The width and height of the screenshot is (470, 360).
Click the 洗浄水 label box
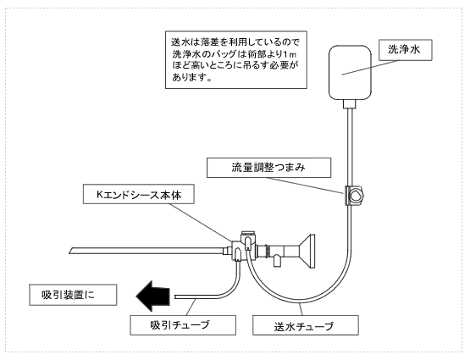(406, 50)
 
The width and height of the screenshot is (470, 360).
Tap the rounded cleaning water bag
(350, 72)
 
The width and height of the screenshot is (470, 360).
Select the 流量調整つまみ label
(268, 168)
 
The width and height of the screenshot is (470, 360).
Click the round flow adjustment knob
(357, 196)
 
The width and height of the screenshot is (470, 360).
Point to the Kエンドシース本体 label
(139, 194)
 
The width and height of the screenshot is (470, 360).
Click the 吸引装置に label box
(73, 295)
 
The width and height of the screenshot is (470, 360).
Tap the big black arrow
(153, 296)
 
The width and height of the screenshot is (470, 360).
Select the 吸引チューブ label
(183, 325)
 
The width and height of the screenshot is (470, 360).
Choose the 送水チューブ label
(306, 325)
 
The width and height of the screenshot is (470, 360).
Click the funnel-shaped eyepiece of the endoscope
(307, 252)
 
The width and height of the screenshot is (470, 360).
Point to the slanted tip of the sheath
(71, 251)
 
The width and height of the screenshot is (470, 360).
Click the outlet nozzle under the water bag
(349, 104)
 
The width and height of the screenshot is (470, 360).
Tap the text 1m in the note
(290, 54)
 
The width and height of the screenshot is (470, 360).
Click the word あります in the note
(190, 77)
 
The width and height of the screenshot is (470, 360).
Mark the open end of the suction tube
(175, 296)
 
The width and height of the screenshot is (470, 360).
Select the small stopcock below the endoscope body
(277, 260)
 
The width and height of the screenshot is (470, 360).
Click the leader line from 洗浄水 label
(371, 68)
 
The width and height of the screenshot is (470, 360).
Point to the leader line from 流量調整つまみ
(305, 186)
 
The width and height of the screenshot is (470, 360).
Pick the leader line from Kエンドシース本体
(200, 222)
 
